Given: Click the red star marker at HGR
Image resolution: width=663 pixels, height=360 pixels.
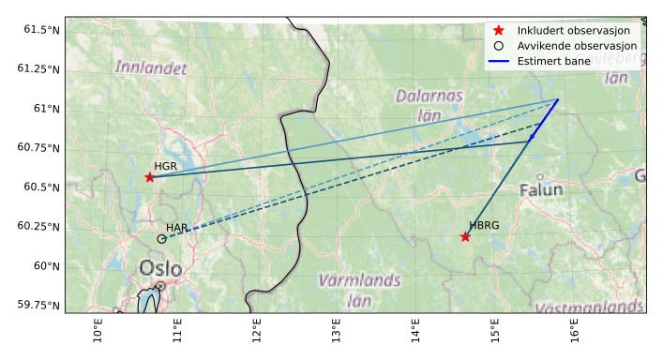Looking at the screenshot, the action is [150, 177].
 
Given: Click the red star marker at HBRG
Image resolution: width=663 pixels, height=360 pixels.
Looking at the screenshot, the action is [465, 236].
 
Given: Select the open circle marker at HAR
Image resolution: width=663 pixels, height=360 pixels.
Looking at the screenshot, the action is [161, 239].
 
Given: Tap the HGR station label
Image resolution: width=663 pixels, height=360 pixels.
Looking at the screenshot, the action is [166, 166].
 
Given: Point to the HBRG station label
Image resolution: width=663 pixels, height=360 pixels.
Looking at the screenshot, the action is [484, 225].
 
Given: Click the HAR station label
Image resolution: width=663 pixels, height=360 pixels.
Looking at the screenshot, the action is [177, 228].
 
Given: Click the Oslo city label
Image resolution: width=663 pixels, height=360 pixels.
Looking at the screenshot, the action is [160, 269].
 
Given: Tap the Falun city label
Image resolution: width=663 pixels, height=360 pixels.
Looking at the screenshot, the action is [541, 190].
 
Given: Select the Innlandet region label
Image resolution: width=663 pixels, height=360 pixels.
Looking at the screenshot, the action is [151, 67].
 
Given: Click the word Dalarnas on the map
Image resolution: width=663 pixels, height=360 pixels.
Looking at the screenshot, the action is [429, 95].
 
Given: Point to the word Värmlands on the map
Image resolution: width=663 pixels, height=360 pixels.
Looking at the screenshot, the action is [359, 280].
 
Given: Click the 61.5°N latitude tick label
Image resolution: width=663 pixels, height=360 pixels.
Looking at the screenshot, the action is [42, 30].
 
